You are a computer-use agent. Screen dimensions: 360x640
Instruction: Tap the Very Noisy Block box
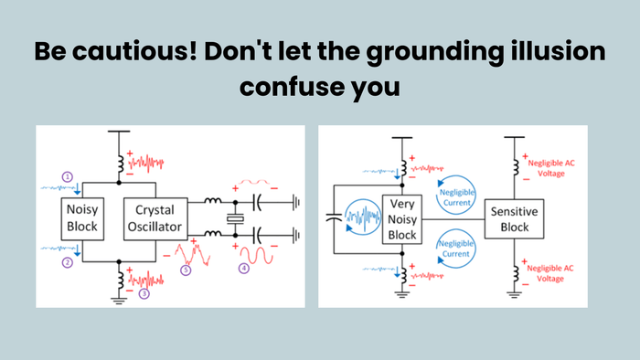click(x=403, y=219)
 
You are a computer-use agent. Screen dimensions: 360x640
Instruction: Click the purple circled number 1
click(x=66, y=175)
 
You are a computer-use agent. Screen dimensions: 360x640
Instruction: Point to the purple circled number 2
click(x=66, y=263)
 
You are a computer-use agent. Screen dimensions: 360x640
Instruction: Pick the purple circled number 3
click(x=143, y=294)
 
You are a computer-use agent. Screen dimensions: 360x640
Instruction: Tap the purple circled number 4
click(x=244, y=269)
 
